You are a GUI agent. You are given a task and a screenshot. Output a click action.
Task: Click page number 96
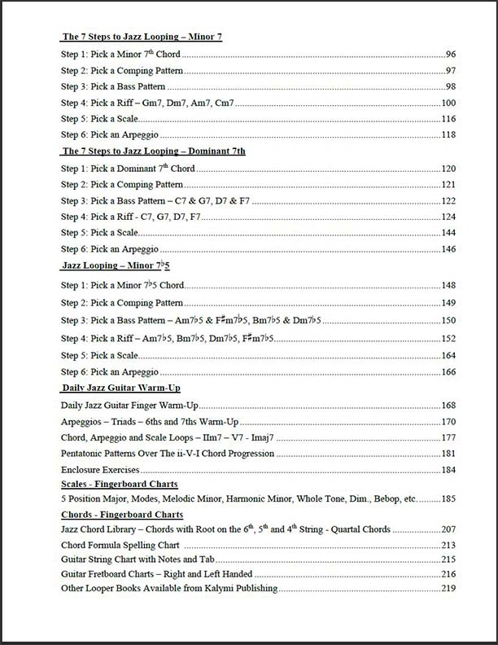450,55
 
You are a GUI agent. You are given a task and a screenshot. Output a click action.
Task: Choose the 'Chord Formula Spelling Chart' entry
120,544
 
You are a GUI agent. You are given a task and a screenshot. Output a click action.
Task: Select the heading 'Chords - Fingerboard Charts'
122,514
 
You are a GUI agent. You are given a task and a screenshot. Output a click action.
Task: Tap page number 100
448,103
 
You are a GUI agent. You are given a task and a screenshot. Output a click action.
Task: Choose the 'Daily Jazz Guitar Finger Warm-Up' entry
130,405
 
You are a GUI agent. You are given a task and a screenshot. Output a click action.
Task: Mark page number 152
448,338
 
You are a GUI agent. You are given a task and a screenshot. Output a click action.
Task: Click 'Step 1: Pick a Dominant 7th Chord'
129,169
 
